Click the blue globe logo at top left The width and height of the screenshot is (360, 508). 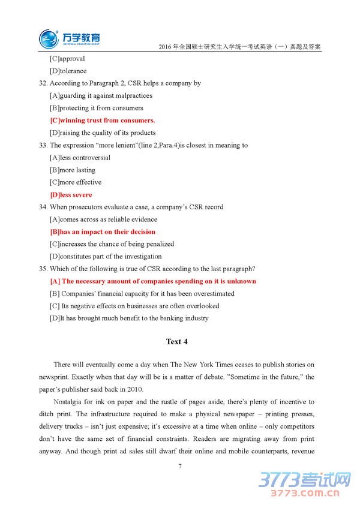[49, 39]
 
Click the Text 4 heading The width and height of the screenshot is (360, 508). [177, 342]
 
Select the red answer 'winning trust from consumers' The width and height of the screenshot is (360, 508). [103, 121]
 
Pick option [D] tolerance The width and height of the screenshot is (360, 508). [68, 71]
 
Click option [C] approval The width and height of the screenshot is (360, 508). [67, 59]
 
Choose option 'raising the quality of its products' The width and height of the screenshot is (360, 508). [103, 133]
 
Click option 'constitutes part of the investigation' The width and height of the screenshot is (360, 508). [106, 257]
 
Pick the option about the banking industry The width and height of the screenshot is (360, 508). [129, 318]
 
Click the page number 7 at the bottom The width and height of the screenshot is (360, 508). [179, 465]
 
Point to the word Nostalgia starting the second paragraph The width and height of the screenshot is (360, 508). [68, 402]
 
